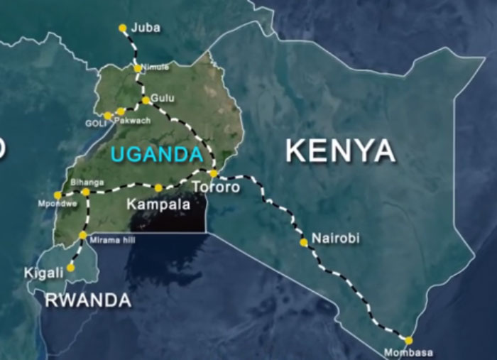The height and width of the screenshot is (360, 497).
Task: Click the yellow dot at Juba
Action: click(123, 28)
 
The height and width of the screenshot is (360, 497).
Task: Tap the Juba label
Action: click(146, 28)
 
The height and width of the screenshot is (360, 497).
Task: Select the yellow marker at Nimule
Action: click(138, 69)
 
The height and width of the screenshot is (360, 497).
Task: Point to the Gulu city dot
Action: click(146, 100)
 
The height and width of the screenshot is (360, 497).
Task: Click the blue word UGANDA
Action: click(156, 153)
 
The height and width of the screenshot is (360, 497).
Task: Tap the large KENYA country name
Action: click(340, 151)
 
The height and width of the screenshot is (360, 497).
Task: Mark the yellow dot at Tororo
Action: click(213, 173)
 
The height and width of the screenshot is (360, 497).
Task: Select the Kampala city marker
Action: click(158, 187)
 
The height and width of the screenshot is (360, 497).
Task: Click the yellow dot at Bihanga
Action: click(86, 192)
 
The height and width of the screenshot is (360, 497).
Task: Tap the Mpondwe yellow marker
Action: click(58, 195)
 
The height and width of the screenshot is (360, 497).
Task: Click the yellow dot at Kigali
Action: click(70, 268)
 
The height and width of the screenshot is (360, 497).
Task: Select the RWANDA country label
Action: click(88, 300)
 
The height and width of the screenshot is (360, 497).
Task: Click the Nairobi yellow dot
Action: click(304, 243)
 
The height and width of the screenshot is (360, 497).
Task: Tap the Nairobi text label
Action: click(336, 239)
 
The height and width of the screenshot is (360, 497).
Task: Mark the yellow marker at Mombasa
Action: click(408, 341)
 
